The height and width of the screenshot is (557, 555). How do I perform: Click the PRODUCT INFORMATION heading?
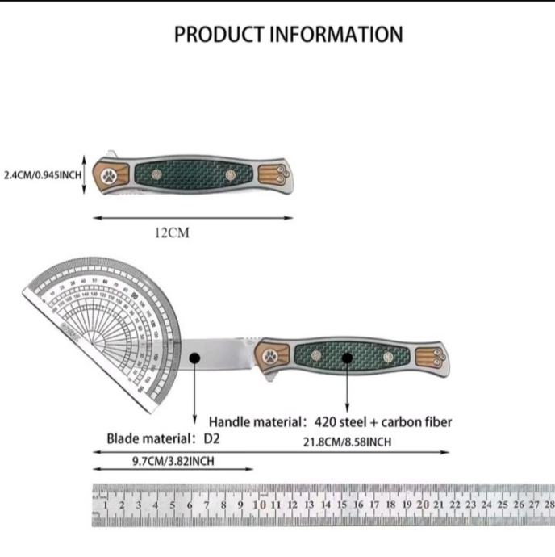288,35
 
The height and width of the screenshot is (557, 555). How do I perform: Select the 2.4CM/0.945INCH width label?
41,174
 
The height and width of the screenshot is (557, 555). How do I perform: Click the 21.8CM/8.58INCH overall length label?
348,442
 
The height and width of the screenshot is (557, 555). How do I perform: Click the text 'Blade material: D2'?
163,440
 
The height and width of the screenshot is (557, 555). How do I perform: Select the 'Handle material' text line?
331,421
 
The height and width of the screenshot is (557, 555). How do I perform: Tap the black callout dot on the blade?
194,358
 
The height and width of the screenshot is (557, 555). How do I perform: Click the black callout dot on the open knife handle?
347,358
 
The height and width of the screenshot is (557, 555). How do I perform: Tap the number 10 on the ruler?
257,505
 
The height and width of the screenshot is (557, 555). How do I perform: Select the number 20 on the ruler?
423,505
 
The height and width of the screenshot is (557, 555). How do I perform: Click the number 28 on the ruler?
549,505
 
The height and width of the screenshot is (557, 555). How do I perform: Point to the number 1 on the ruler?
105,505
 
